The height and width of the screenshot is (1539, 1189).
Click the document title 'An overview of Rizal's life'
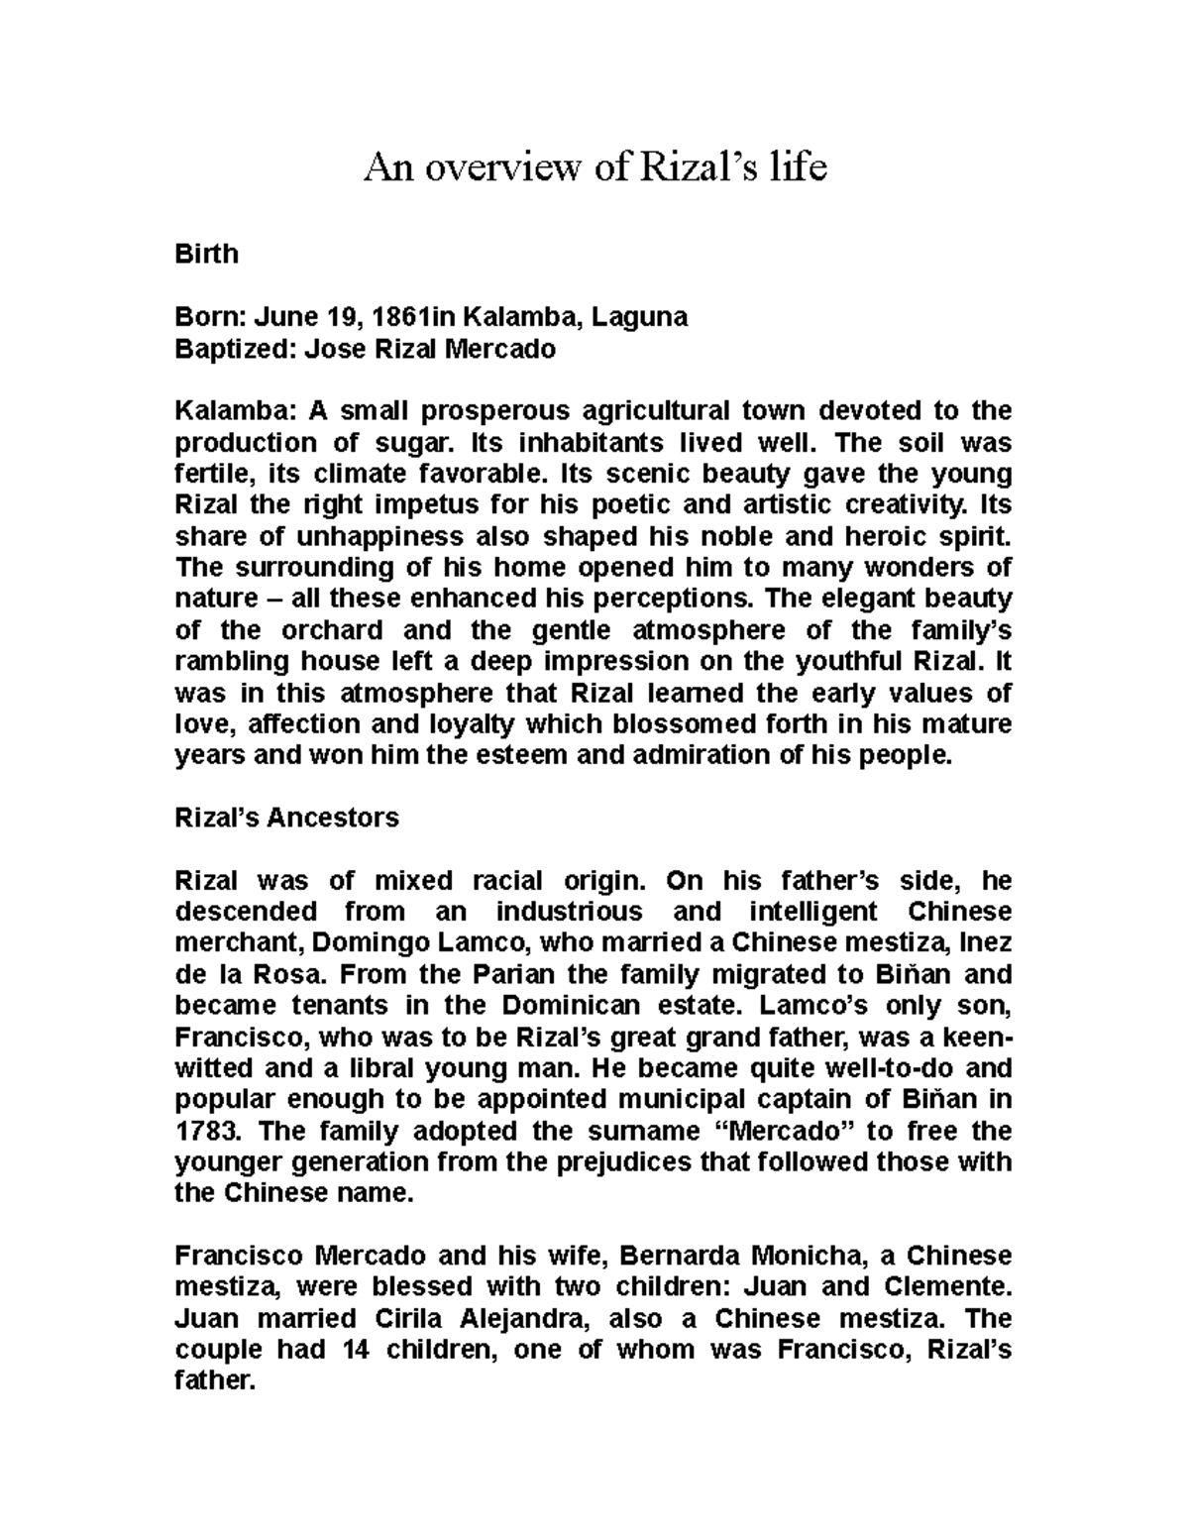pos(594,167)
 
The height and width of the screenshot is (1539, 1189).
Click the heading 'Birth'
pos(206,254)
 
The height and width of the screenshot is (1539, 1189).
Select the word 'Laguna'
pos(642,317)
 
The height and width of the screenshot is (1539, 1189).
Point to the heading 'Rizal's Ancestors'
pos(286,818)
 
